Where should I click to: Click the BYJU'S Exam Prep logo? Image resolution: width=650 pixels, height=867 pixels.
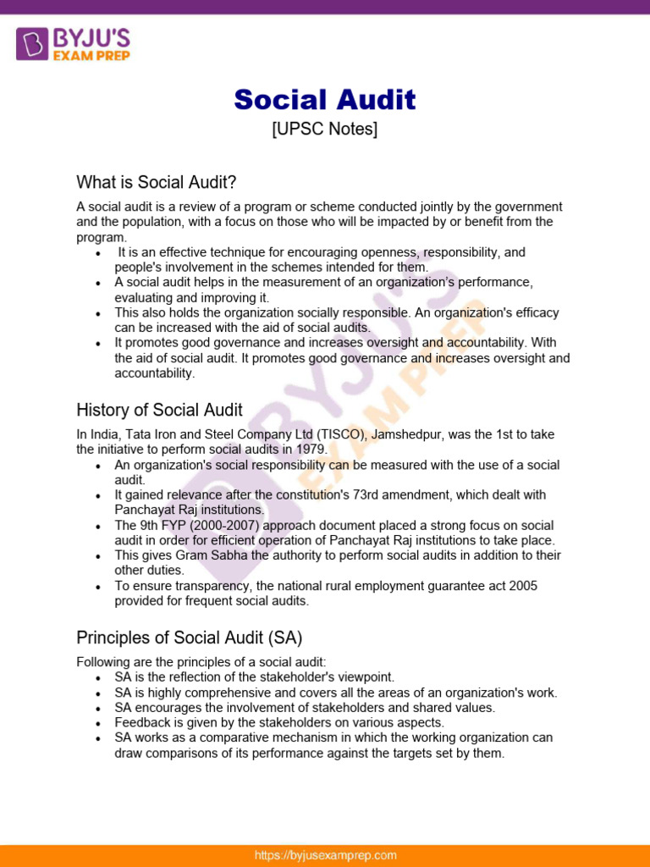tap(73, 43)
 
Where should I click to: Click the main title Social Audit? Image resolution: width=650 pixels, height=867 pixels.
tap(325, 100)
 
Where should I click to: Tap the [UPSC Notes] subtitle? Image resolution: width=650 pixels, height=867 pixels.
tap(325, 130)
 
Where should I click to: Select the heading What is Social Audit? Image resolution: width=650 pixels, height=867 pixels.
tap(157, 182)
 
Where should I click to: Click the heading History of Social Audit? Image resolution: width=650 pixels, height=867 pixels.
tap(159, 411)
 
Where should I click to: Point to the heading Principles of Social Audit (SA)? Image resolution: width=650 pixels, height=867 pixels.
tap(190, 637)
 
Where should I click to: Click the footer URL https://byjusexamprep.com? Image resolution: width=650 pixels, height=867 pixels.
tap(325, 855)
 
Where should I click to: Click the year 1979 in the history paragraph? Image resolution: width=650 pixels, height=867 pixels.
tap(311, 450)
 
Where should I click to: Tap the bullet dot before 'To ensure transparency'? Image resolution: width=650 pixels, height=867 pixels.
tap(99, 587)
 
